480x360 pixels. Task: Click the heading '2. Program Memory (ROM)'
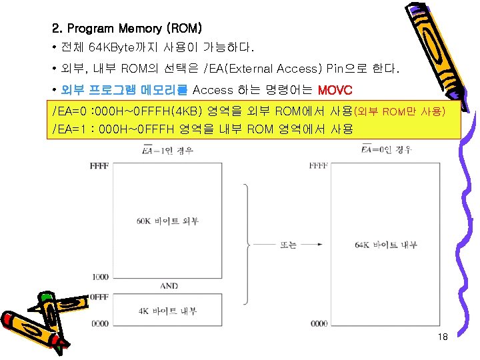point(127,29)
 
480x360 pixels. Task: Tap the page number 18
point(443,337)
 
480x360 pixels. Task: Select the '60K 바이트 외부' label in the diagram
point(168,221)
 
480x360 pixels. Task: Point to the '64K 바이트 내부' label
point(386,245)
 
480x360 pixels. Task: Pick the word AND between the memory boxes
point(169,286)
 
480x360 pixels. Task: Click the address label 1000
point(99,277)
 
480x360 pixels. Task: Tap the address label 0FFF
point(99,297)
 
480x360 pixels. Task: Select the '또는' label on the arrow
point(289,245)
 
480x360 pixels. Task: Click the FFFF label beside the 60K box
point(99,165)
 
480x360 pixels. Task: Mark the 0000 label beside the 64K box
point(318,323)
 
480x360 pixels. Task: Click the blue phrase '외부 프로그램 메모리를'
point(125,90)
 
